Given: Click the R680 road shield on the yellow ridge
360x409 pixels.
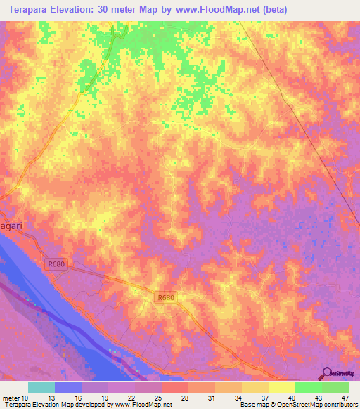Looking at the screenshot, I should click(x=165, y=298).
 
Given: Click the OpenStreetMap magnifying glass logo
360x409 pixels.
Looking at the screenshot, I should click(x=327, y=373).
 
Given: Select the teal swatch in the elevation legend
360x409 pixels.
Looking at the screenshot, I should click(x=41, y=387).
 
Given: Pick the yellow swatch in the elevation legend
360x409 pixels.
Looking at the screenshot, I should click(x=282, y=387).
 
